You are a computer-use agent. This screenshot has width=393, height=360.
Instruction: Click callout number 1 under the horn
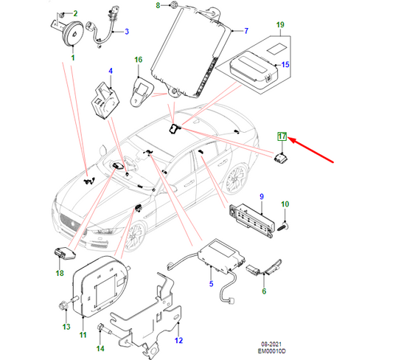tap(73, 58)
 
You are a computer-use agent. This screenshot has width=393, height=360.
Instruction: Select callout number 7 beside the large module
tap(246, 31)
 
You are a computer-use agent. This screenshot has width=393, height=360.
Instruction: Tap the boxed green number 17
tap(281, 136)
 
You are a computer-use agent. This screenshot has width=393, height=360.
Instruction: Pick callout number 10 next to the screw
tap(286, 204)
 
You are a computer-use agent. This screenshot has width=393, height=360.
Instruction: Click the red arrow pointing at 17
tap(313, 149)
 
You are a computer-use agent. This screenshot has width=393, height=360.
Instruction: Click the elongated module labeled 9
tap(254, 217)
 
